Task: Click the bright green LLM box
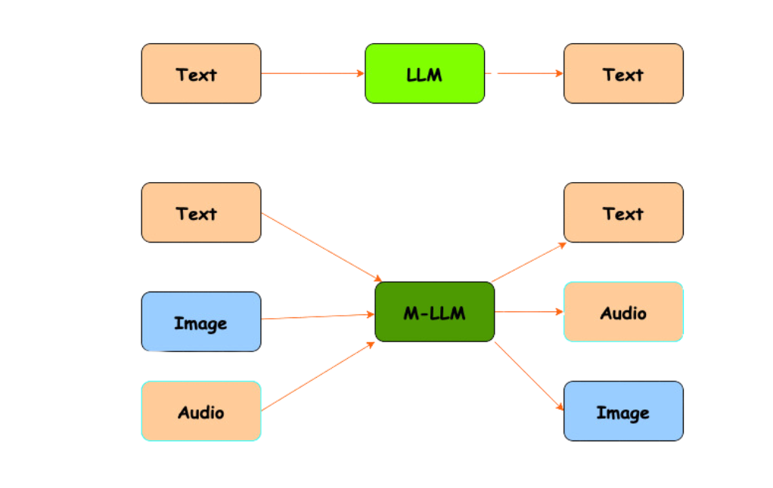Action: click(x=424, y=73)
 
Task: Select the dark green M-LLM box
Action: click(x=434, y=312)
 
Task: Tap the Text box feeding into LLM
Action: click(x=201, y=73)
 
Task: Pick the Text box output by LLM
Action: click(x=623, y=73)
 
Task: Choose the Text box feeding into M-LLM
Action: click(x=201, y=212)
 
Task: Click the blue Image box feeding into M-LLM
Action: click(x=201, y=322)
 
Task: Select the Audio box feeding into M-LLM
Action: click(x=201, y=411)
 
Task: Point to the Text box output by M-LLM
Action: click(x=623, y=212)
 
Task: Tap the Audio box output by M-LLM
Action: click(x=623, y=312)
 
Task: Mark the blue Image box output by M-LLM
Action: click(x=623, y=411)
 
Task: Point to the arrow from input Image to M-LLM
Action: click(x=318, y=317)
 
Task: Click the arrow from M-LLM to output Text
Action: click(x=529, y=262)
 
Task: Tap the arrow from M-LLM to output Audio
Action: click(x=529, y=311)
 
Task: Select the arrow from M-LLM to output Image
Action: click(x=529, y=375)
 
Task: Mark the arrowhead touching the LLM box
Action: click(x=361, y=73)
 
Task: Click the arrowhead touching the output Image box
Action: click(x=560, y=407)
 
